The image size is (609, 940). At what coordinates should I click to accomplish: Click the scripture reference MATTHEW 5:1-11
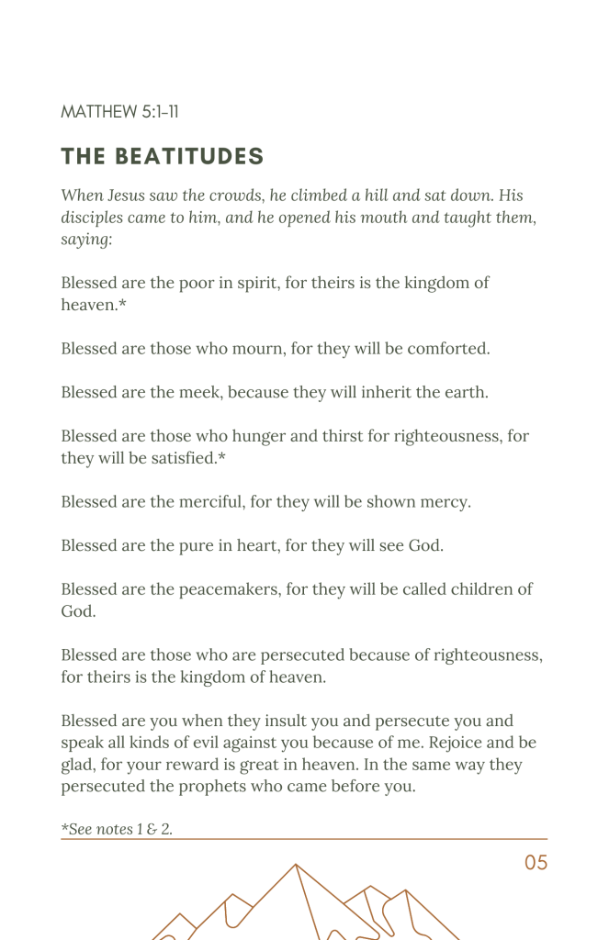pyautogui.click(x=119, y=112)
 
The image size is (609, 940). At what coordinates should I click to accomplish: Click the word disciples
pyautogui.click(x=97, y=218)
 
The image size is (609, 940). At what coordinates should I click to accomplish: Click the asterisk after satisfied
pyautogui.click(x=221, y=456)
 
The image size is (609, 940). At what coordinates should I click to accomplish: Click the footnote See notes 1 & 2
pyautogui.click(x=117, y=830)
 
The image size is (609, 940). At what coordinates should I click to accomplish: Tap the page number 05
pyautogui.click(x=536, y=863)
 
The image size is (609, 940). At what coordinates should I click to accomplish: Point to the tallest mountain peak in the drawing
pyautogui.click(x=295, y=866)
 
